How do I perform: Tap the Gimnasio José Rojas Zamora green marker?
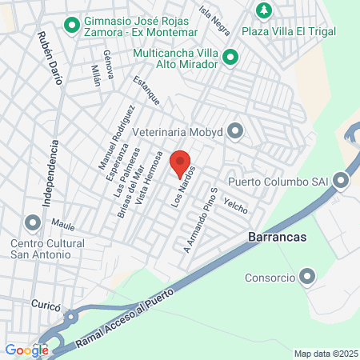click(71, 26)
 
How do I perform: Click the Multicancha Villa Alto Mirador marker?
click(230, 58)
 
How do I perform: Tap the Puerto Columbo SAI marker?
click(342, 180)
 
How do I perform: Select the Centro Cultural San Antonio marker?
click(33, 222)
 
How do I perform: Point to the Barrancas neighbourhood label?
click(273, 238)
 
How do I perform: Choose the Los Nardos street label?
click(183, 193)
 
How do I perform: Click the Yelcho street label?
click(236, 205)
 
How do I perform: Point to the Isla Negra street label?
click(214, 20)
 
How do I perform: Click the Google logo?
click(26, 350)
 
